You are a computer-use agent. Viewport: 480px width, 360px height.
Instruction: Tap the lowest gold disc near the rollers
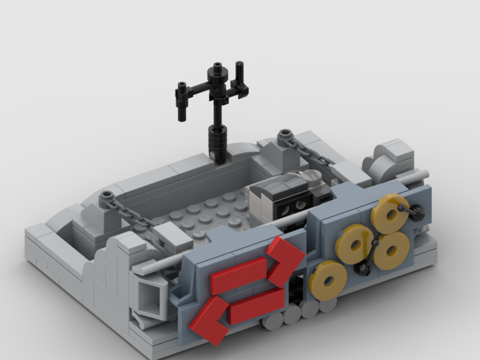tap(328, 280)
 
